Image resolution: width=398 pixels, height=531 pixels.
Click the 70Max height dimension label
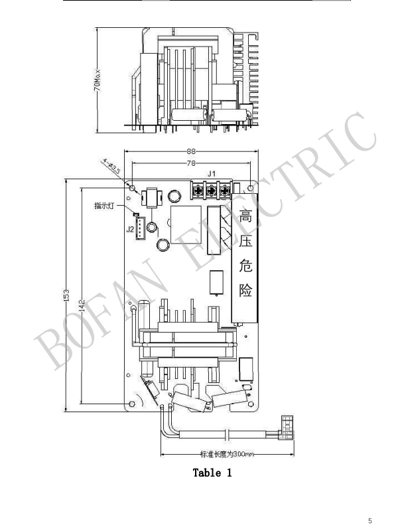tap(97, 80)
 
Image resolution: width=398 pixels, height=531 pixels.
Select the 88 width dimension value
tap(191, 152)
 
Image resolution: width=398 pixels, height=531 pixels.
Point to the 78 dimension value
tap(191, 163)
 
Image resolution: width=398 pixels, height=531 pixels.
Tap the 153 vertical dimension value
tap(66, 295)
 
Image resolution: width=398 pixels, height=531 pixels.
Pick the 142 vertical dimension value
tap(82, 306)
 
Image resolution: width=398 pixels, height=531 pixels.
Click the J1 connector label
tap(212, 174)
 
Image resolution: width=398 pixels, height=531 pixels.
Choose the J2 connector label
tap(130, 229)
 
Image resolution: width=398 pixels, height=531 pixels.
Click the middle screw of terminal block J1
tap(211, 190)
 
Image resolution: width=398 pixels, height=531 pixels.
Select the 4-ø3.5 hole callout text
tap(111, 166)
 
